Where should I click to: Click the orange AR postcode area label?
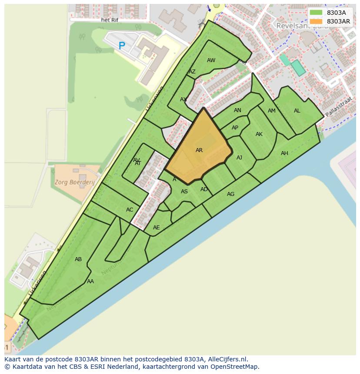point(199,150)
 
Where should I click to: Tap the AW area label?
point(211,60)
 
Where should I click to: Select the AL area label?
point(297,111)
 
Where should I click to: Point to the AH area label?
point(284,153)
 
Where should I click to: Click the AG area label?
point(230,194)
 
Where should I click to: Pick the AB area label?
point(78,259)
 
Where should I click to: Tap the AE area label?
point(157,228)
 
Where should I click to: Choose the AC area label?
point(130,210)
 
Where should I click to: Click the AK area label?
point(259,134)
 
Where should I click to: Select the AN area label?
point(237,110)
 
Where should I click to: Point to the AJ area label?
point(239,158)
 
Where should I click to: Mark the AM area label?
point(272,111)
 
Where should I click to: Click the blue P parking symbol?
point(122,45)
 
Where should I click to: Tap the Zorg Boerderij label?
point(75,182)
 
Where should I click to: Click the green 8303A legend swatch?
point(316,13)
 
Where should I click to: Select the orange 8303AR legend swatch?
point(316,21)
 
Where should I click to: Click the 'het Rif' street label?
point(109,20)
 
